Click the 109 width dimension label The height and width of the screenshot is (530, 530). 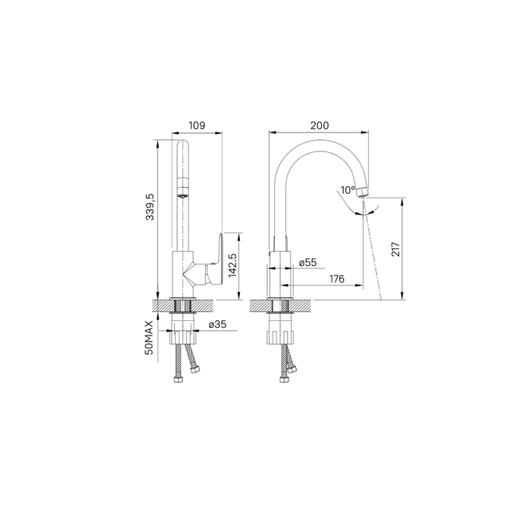pos(197,126)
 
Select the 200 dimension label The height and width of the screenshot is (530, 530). pos(320,126)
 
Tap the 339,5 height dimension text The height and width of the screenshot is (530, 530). pos(150,207)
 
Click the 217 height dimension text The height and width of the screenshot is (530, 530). pos(395,249)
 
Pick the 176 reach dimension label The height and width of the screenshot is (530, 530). pos(337,279)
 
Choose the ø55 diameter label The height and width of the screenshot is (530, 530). pos(308,262)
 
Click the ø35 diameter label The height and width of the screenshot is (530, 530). pos(217,325)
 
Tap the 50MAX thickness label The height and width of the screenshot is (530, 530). pos(149,338)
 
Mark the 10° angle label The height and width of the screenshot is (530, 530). pos(348,190)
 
